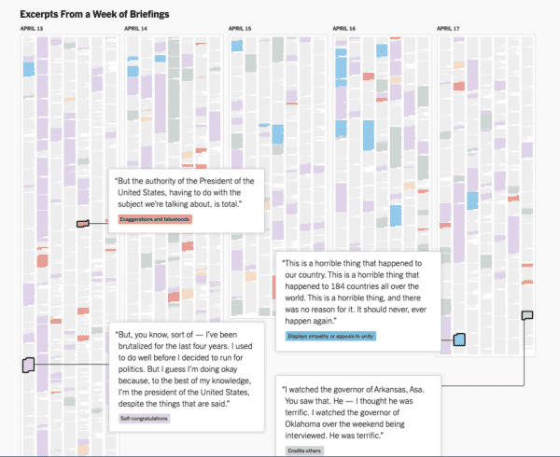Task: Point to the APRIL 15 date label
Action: click(240, 29)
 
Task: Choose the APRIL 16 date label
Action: click(344, 29)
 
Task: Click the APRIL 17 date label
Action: click(449, 29)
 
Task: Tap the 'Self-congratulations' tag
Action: click(145, 418)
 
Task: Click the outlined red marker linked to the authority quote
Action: click(83, 223)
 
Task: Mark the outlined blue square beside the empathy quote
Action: click(458, 339)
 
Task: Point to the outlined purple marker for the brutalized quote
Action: click(28, 365)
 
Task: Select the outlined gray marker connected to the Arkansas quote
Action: click(527, 315)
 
